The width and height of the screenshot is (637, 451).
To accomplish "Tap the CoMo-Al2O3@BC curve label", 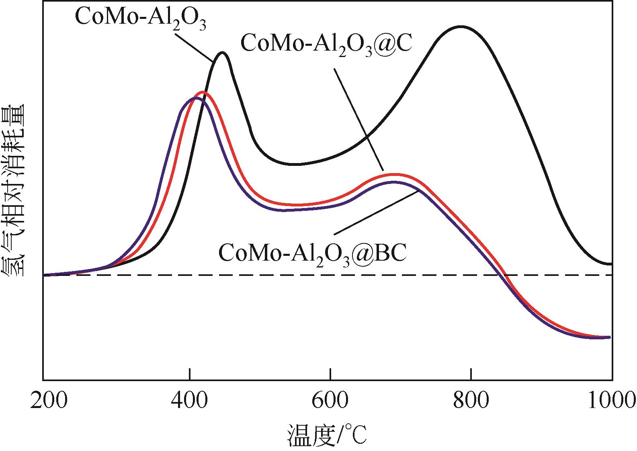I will tap(312, 252).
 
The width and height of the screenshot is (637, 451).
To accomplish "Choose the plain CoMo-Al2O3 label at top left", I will tap(141, 18).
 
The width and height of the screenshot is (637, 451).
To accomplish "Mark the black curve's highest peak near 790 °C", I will tap(461, 27).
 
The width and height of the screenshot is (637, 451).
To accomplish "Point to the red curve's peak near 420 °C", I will tap(203, 92).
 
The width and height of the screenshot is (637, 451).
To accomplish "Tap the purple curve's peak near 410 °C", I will tap(196, 98).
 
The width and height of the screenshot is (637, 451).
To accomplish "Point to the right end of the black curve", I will tap(610, 264).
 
